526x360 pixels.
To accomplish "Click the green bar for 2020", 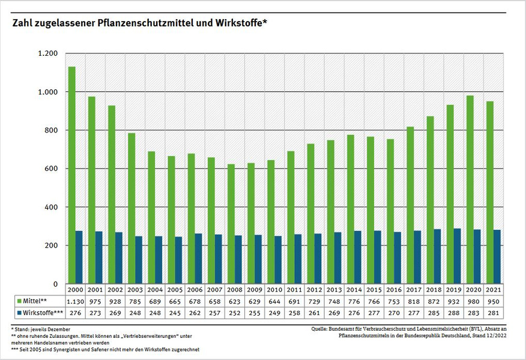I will pos(470,190).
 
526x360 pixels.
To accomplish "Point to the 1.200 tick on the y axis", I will pos(49,53).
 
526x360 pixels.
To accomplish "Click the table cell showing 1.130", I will pos(75,301).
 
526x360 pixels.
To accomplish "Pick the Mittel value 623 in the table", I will pos(234,301).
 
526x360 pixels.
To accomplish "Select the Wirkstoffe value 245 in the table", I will pos(175,313).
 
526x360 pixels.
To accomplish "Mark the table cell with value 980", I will pos(473,301).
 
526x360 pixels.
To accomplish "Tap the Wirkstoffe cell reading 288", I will pos(453,313).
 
